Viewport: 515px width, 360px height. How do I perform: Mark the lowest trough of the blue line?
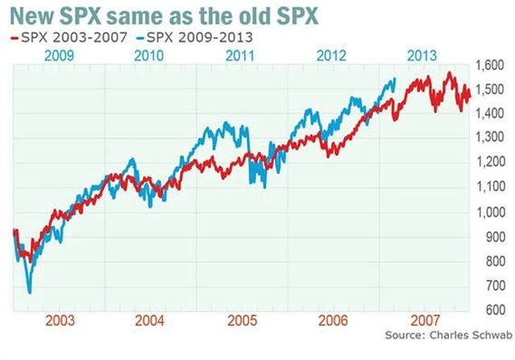30,292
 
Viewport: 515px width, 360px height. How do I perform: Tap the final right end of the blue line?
395,78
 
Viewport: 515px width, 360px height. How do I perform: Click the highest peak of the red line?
450,72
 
